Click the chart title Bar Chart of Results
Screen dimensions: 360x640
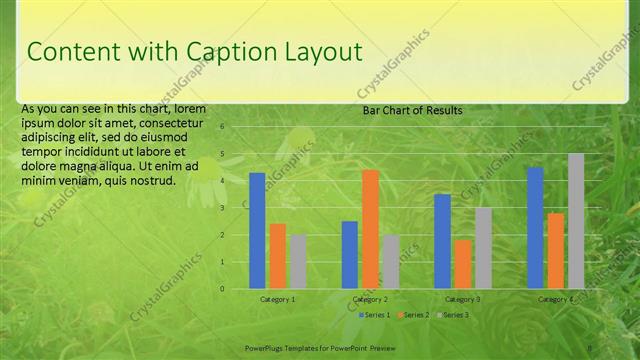[412, 111]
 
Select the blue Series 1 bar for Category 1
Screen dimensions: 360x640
[257, 231]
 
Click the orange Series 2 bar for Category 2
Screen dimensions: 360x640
[370, 229]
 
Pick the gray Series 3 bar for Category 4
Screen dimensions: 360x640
[576, 221]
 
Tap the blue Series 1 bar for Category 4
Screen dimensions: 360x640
[535, 228]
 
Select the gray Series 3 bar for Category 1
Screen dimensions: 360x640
[298, 262]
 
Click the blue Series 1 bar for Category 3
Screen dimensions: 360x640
[442, 241]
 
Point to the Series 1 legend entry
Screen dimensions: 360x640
[375, 315]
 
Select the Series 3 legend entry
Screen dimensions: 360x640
[455, 315]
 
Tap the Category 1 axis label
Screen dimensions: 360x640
[277, 299]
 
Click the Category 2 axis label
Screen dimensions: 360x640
[370, 299]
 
